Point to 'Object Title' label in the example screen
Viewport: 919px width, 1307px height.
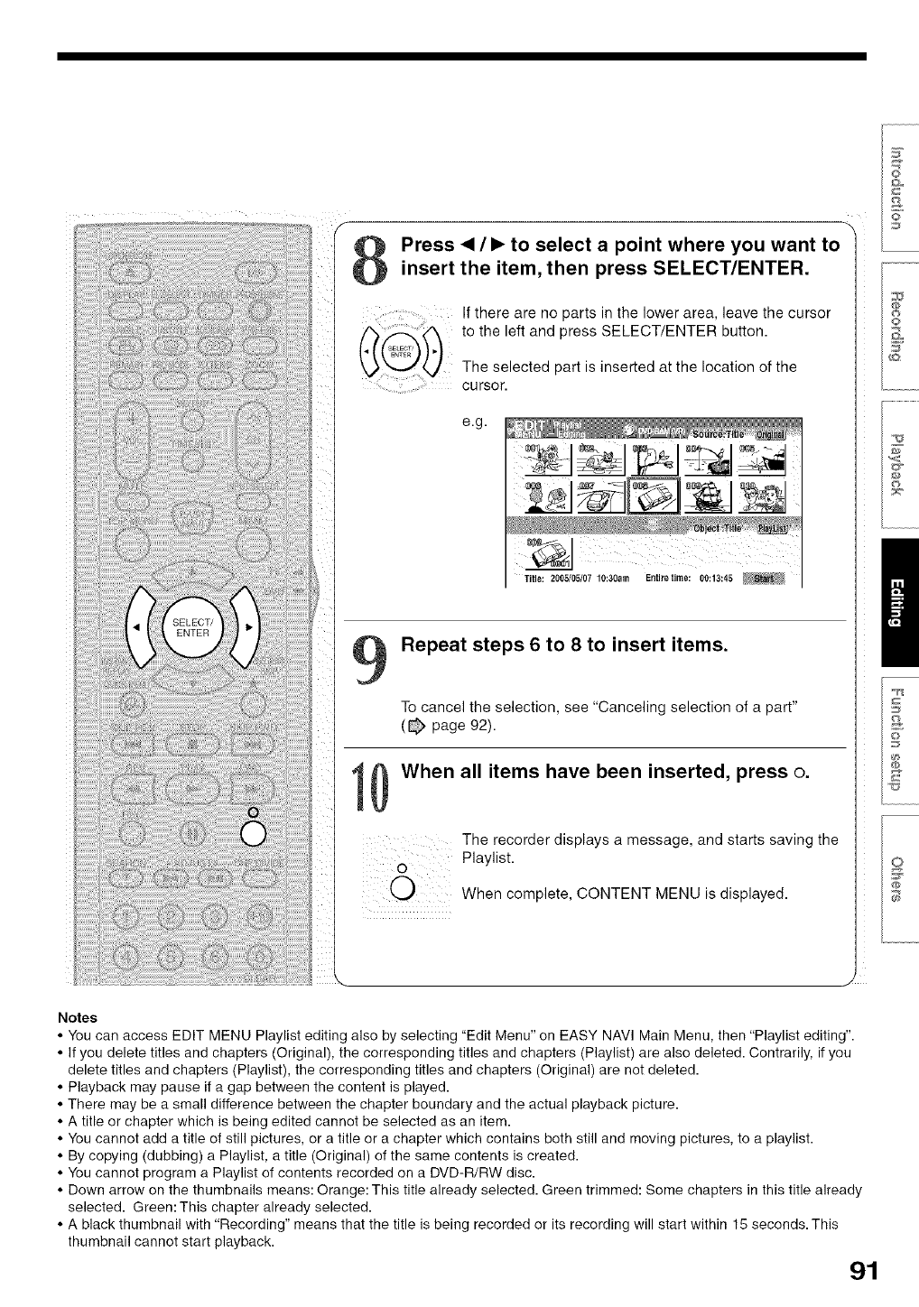point(718,528)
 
